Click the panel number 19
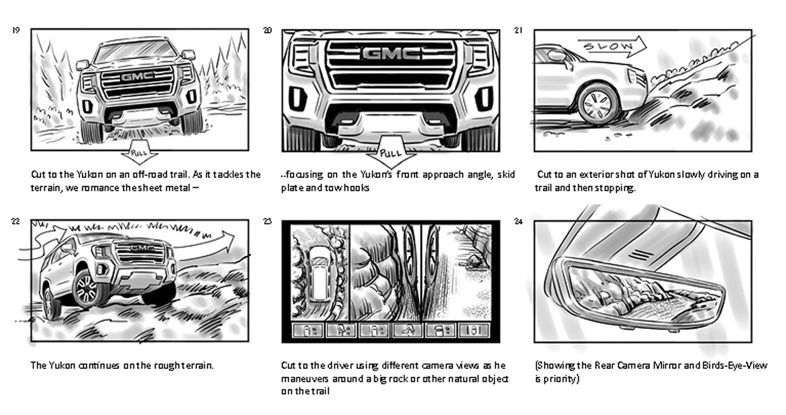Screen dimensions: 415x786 (16, 30)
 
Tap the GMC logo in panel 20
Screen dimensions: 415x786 (390, 53)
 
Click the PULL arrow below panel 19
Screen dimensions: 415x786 (139, 154)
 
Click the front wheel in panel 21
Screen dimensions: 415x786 (598, 104)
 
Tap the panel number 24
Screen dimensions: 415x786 (518, 222)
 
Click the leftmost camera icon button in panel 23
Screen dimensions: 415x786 (307, 330)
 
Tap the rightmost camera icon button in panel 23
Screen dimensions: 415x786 (474, 330)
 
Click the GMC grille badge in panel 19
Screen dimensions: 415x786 (138, 77)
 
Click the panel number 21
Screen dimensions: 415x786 (518, 30)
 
